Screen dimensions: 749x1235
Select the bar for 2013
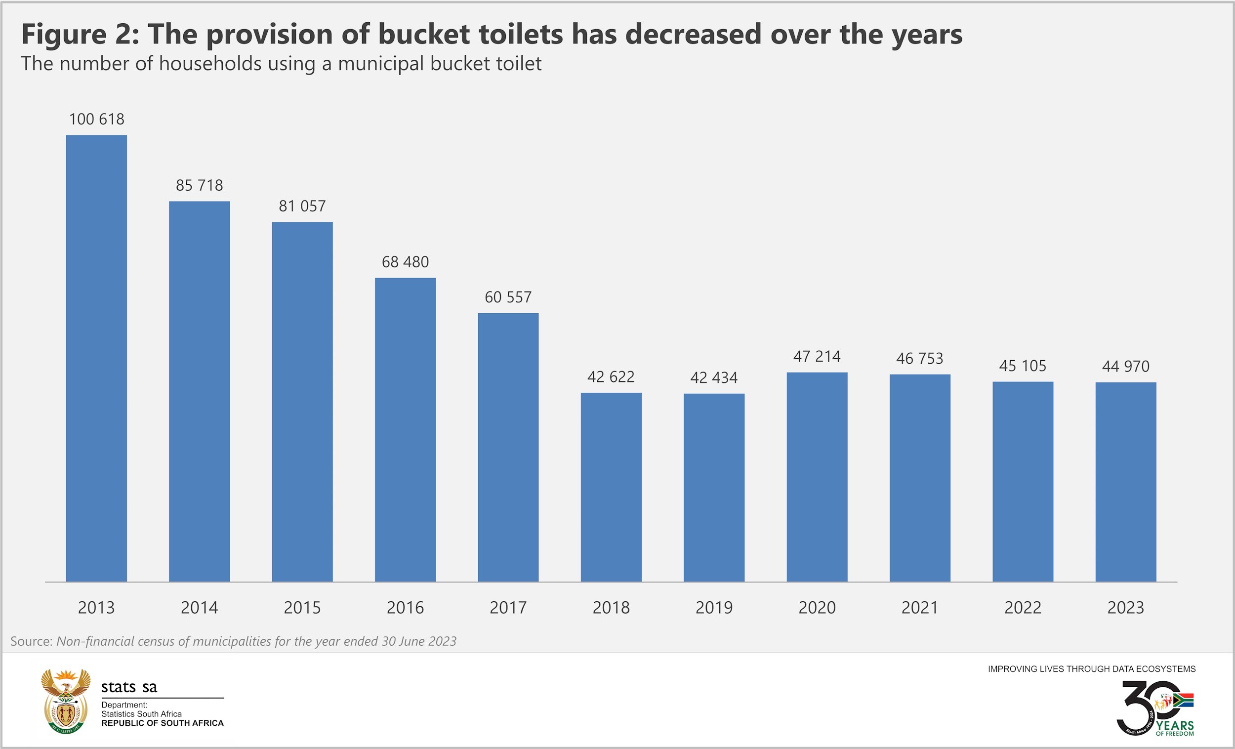(x=96, y=358)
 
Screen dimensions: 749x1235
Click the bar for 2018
(x=611, y=487)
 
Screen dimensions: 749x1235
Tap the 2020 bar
(x=817, y=477)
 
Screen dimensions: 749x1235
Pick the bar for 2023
(x=1126, y=482)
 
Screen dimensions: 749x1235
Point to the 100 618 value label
(x=96, y=120)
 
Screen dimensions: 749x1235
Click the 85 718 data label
(x=199, y=185)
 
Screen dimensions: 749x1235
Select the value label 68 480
(x=405, y=262)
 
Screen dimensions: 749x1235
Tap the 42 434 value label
(x=714, y=377)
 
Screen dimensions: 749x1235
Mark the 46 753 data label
(x=920, y=359)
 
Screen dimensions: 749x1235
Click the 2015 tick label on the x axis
(x=302, y=608)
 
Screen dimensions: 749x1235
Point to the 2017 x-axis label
(x=508, y=608)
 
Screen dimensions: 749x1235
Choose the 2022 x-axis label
(x=1023, y=608)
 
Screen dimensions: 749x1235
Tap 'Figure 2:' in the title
(x=80, y=35)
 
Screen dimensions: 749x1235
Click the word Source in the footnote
(x=31, y=641)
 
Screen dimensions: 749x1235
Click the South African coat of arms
(x=66, y=701)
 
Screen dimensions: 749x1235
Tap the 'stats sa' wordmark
(x=129, y=687)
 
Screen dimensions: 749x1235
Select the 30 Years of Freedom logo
(x=1155, y=708)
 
